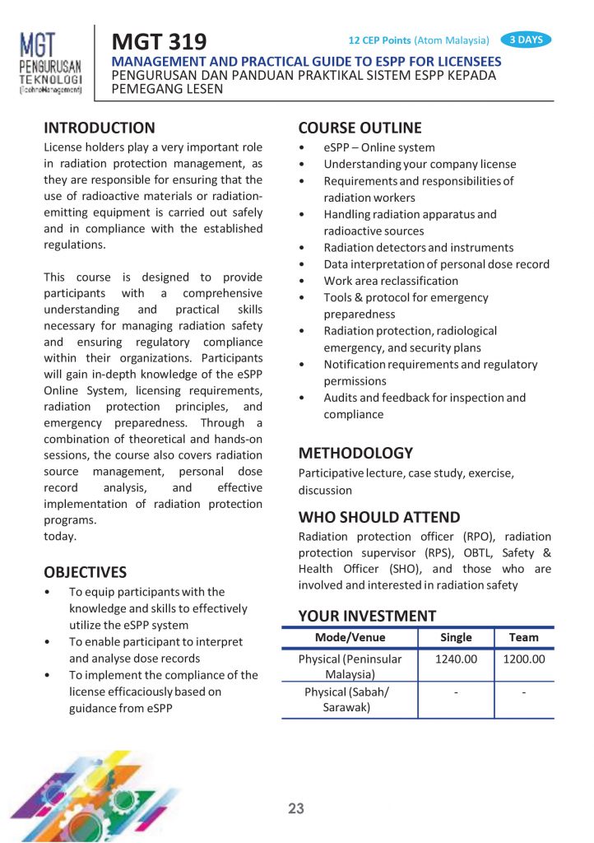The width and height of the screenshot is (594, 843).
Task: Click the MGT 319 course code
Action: [x=160, y=40]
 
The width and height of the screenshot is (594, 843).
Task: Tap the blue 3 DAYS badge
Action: [x=525, y=39]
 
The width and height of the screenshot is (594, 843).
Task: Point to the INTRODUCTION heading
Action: [x=99, y=128]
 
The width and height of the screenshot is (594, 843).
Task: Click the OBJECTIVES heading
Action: [x=86, y=572]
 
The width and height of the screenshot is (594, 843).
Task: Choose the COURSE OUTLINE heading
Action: [x=360, y=128]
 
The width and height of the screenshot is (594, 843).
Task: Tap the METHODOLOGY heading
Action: [x=355, y=453]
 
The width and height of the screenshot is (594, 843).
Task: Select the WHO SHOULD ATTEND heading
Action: [x=379, y=517]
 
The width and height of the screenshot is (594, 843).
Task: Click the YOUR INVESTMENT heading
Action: [x=367, y=616]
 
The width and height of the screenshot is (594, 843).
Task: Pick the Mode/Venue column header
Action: [x=350, y=637]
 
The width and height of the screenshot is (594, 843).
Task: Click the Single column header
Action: [x=456, y=637]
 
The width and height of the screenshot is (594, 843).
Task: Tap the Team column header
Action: [x=523, y=637]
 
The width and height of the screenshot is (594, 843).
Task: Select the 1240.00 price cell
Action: [x=456, y=659]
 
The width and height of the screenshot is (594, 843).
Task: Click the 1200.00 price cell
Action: [x=523, y=659]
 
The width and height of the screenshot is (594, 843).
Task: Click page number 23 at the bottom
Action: [x=296, y=808]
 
